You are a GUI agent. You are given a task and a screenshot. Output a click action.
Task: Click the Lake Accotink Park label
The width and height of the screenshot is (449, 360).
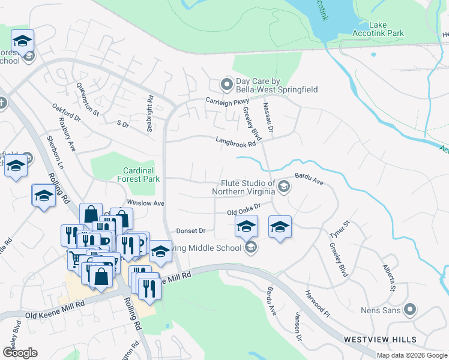click(387, 29)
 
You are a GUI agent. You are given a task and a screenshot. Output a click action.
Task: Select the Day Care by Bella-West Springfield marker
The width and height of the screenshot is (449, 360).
click(226, 85)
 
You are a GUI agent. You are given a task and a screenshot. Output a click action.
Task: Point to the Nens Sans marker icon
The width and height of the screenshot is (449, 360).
click(410, 310)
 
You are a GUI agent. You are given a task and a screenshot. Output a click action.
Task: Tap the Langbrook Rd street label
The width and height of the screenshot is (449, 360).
click(236, 142)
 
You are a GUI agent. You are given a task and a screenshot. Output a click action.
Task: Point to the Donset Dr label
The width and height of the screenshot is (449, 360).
click(191, 230)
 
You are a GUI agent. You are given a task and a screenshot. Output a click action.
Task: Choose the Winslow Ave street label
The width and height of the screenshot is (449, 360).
click(145, 203)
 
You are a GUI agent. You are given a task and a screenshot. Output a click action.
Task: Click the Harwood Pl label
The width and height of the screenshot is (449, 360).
click(317, 304)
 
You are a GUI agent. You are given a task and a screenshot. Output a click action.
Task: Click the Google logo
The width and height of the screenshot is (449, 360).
click(20, 353)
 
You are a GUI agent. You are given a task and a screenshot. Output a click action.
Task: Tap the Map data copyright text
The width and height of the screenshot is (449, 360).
click(412, 355)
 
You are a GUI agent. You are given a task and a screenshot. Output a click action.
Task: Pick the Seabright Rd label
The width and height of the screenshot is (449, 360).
click(150, 110)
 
